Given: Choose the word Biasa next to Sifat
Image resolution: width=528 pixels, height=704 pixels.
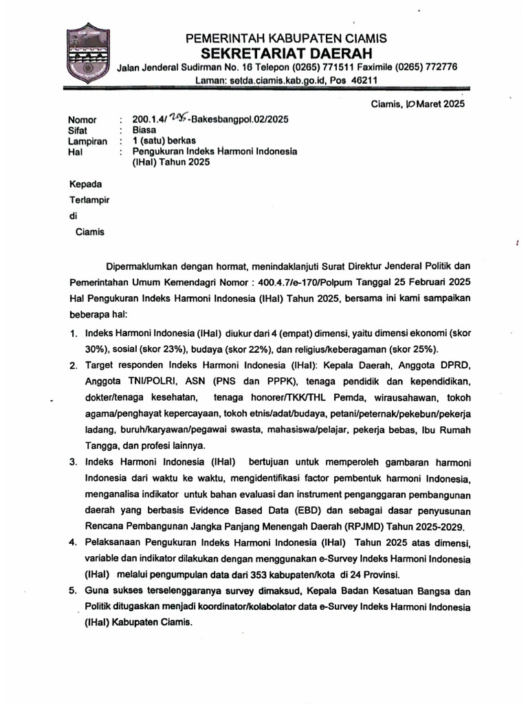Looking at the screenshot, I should click(144, 129).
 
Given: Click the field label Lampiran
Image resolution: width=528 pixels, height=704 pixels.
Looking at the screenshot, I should click(87, 141).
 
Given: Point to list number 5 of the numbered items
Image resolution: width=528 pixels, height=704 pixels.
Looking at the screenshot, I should click(74, 591).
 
